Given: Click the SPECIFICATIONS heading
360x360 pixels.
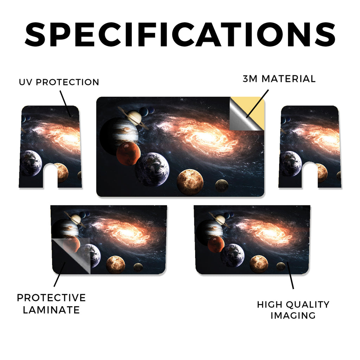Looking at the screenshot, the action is point(180,35).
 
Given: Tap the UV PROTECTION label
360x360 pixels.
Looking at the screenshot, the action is point(59,82).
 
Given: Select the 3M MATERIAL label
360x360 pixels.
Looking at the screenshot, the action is point(279,79).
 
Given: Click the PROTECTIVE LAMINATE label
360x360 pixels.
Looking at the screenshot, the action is point(51,304).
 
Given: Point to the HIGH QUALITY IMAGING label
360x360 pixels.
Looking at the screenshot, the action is point(293,310).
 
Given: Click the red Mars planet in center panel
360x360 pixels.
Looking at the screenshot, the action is point(128,153).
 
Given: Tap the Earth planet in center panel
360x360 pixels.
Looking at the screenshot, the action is point(152,169).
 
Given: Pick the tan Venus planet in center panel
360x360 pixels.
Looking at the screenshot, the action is point(190,182).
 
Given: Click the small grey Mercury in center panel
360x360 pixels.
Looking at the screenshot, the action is point(221,186).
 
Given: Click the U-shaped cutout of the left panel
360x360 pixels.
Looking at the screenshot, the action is point(50,176).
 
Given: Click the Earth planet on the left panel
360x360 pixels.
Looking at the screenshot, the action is point(31,163).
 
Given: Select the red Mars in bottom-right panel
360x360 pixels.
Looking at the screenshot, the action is point(216,244).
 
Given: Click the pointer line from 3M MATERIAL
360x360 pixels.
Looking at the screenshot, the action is point(257,104).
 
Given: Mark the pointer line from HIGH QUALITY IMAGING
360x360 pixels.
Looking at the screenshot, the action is point(290,275).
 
